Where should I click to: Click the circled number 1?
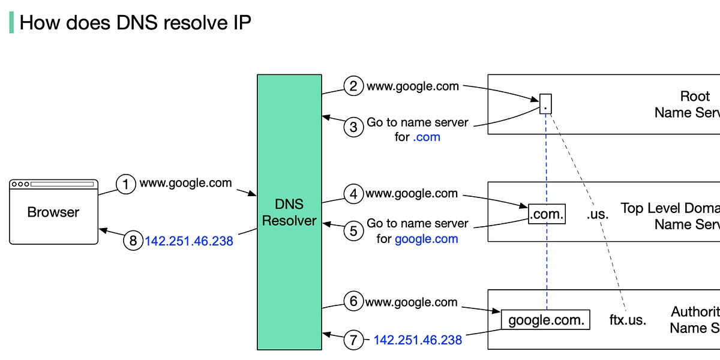(126, 184)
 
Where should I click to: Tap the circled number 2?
(354, 86)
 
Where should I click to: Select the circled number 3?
(354, 127)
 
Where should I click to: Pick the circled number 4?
(354, 194)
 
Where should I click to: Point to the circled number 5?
(354, 231)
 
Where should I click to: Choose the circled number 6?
(354, 301)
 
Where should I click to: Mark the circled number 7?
(354, 340)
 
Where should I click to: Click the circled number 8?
(133, 241)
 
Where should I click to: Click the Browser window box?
(53, 212)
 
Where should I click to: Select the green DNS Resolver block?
(289, 212)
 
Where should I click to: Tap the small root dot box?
(545, 104)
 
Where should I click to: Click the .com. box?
(547, 214)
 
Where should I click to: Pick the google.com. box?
(546, 320)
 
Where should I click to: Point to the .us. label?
(597, 214)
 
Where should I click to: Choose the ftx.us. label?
(628, 320)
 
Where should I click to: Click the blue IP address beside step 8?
(189, 241)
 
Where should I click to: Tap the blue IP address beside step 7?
(418, 340)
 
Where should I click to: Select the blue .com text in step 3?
(427, 137)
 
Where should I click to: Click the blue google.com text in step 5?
(426, 239)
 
